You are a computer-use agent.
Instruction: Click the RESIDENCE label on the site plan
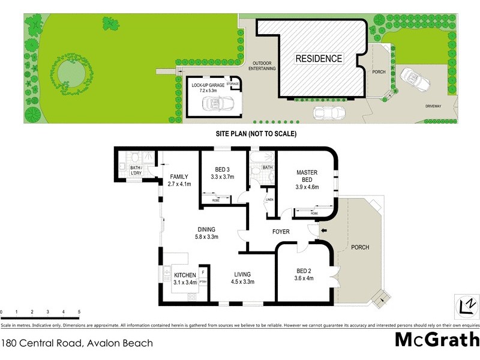(319, 59)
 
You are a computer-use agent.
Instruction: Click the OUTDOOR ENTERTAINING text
(264, 66)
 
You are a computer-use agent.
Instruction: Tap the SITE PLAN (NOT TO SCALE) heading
(256, 134)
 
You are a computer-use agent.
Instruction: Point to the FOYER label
(281, 232)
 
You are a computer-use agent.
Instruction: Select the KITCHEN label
(185, 275)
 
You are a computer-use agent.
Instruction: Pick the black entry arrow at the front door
(325, 230)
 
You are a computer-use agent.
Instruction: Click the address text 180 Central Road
(77, 344)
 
